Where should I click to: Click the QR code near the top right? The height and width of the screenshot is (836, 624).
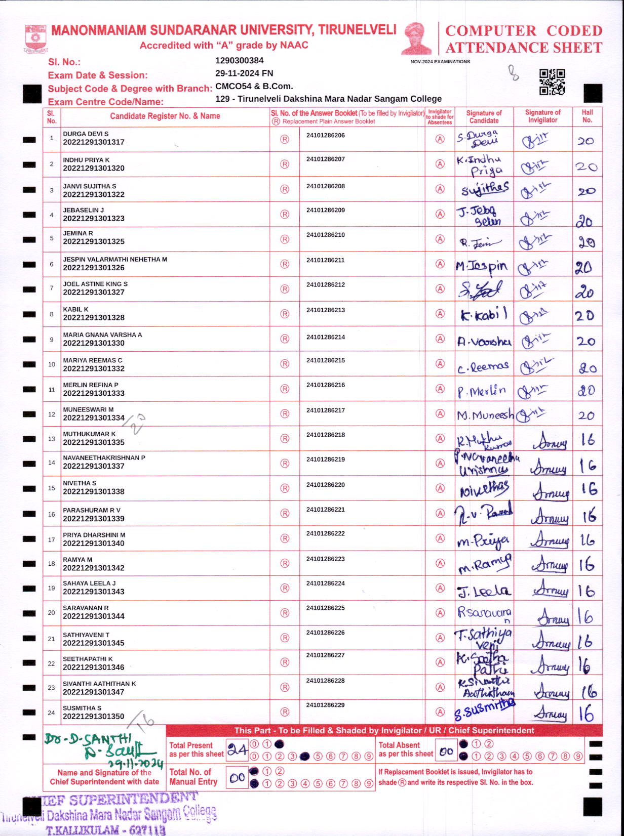552,82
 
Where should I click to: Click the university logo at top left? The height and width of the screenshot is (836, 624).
35,38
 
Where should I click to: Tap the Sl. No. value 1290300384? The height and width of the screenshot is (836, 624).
239,61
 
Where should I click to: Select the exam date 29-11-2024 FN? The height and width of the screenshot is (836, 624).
244,73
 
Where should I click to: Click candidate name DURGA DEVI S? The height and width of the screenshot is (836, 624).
86,134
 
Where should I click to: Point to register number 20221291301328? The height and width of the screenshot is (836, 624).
94,318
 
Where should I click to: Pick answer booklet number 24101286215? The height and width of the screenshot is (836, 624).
325,361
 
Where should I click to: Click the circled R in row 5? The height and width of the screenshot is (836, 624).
285,239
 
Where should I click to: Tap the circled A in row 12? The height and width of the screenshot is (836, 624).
440,414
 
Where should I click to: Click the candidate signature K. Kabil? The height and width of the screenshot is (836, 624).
483,315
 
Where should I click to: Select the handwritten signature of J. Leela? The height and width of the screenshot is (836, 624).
484,591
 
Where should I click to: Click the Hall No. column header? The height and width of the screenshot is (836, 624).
587,116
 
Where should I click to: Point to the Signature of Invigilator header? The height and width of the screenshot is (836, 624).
542,116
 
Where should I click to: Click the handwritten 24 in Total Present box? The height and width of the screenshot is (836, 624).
237,750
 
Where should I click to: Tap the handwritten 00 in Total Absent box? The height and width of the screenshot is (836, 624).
446,751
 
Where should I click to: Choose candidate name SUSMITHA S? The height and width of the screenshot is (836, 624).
82,708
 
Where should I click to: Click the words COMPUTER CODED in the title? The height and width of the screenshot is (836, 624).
524,31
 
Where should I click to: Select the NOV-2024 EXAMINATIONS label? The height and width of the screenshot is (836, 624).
440,62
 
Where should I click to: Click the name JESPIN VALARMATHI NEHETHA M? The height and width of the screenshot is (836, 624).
115,260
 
